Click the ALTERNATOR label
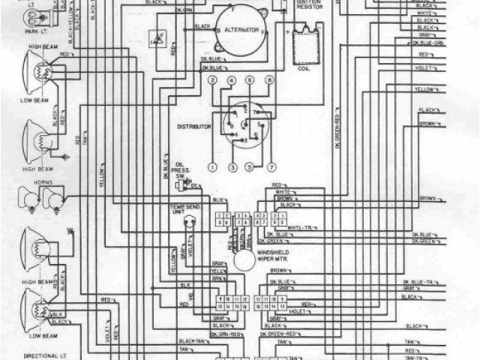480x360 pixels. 241,29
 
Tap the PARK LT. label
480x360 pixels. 32,31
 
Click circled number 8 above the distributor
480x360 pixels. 269,79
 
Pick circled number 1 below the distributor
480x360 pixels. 213,166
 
